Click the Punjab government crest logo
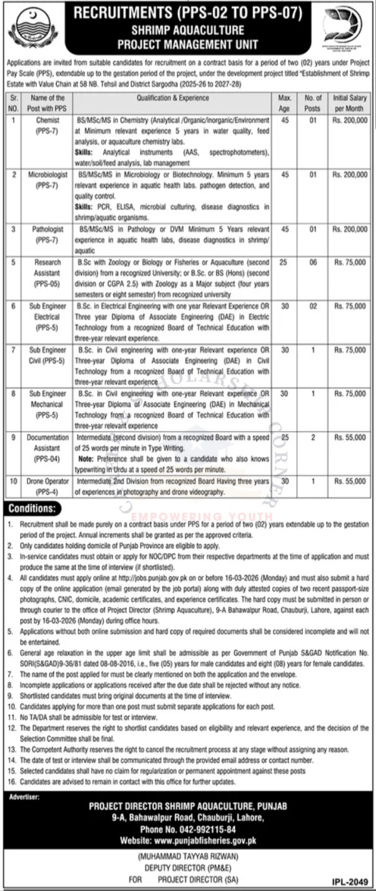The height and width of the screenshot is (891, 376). coord(29,29)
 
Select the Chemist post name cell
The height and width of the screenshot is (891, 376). coord(47,124)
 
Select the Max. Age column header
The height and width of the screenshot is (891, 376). coord(285,103)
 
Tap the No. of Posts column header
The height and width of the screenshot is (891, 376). coord(313,103)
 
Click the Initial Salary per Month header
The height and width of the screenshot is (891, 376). coord(350,103)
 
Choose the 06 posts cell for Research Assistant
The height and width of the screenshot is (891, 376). coord(313,264)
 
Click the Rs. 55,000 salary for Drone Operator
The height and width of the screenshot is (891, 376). coord(350,481)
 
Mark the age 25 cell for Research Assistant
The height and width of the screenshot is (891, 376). coord(285,264)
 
